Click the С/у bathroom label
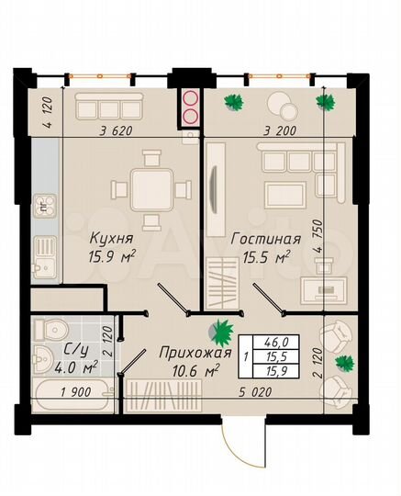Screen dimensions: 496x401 [x=74, y=350]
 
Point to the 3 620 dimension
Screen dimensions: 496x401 [x=115, y=130]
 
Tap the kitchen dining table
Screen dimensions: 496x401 [x=147, y=191]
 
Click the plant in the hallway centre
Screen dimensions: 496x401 [x=221, y=328]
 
